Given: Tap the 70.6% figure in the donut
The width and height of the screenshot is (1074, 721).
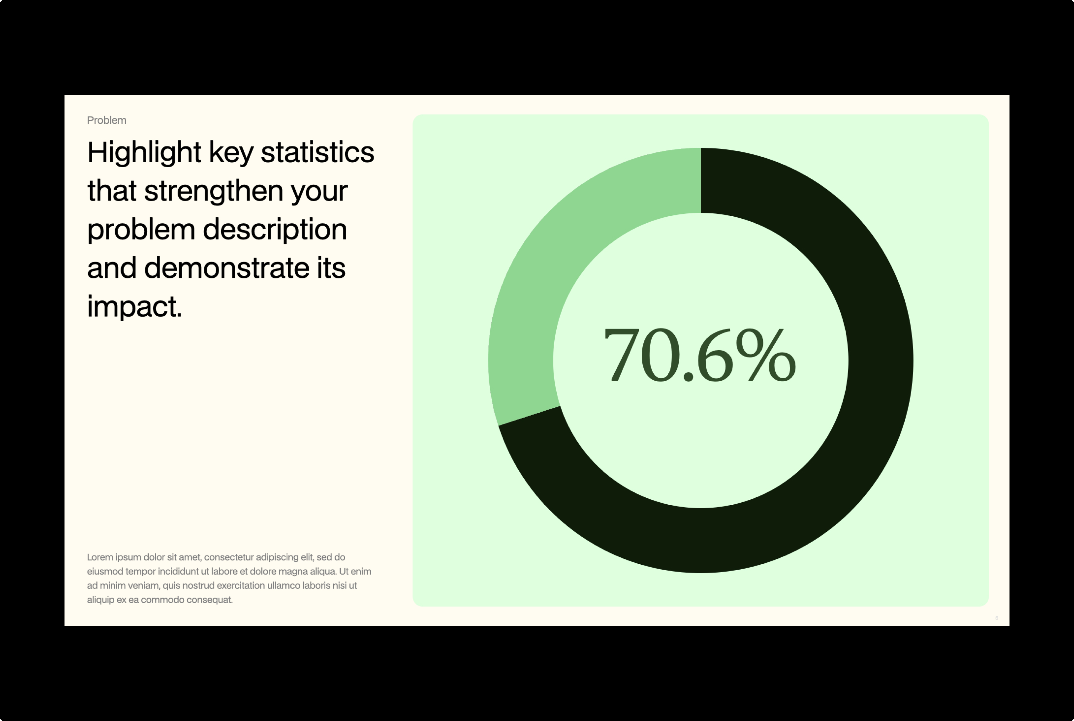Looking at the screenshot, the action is point(700,355).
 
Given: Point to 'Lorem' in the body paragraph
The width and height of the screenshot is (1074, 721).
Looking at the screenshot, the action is point(100,557).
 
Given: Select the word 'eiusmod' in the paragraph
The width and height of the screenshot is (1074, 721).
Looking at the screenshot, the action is point(105,572).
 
